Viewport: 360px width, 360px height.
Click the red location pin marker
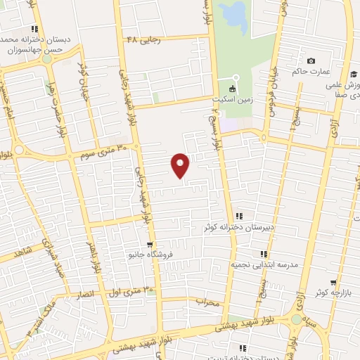coord(181,165)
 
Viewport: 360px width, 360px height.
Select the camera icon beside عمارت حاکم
coord(311,60)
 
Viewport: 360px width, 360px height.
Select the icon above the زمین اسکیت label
coord(236,77)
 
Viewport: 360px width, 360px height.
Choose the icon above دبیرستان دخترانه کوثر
coord(239,216)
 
